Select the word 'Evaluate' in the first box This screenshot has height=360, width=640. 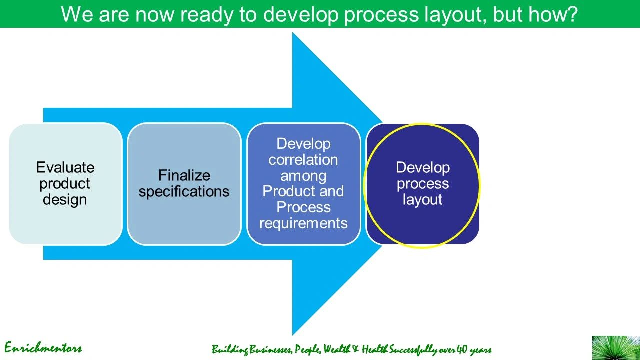[65, 167]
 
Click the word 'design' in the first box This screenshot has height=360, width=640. [65, 199]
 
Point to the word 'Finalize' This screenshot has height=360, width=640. [184, 175]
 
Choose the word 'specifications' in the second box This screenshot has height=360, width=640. [184, 191]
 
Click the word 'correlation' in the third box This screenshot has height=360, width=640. [303, 160]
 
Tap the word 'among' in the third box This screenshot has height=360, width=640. [303, 176]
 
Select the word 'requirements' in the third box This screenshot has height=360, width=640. [303, 223]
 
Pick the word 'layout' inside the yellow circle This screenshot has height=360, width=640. [423, 199]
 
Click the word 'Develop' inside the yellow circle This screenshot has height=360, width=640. [423, 167]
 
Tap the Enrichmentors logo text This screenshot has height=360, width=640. [43, 348]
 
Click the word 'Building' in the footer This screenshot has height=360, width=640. [230, 349]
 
